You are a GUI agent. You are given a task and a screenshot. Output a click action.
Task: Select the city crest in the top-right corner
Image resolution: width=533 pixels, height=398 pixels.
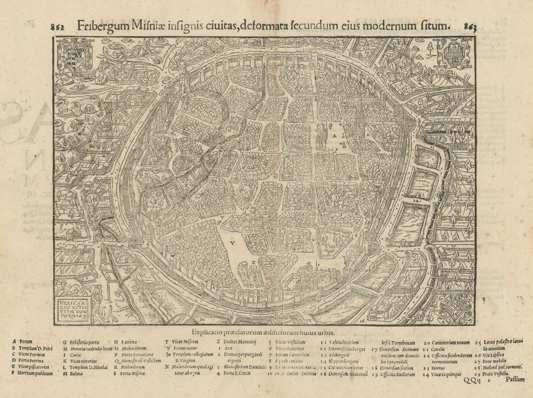click(453, 53)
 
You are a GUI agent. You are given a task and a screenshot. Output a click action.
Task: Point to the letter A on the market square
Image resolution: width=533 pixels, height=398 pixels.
click(335, 136)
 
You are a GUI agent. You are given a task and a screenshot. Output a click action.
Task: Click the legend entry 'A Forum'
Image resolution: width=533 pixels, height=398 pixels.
click(22, 342)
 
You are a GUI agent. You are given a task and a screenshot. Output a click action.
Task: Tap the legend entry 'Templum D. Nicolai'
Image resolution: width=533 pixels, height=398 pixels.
click(88, 366)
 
